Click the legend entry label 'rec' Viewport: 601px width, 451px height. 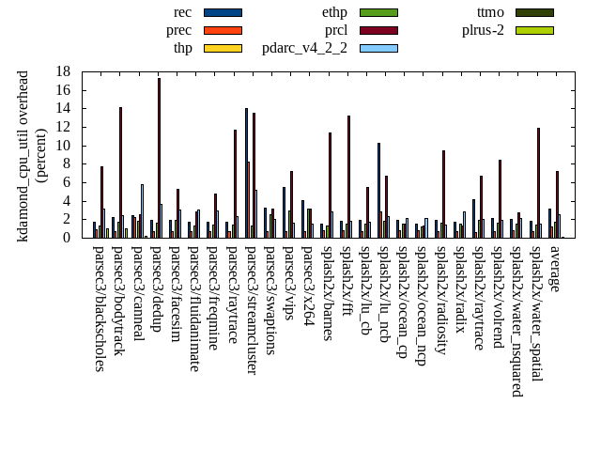pyautogui.click(x=183, y=12)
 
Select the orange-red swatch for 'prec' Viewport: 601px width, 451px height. pyautogui.click(x=223, y=30)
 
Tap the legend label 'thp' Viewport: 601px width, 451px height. pyautogui.click(x=182, y=48)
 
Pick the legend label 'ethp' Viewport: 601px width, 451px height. pyautogui.click(x=334, y=12)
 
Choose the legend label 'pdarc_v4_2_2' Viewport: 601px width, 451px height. pyautogui.click(x=304, y=48)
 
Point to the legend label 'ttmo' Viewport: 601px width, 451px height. pyautogui.click(x=490, y=12)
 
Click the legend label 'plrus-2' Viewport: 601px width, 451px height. pyautogui.click(x=483, y=30)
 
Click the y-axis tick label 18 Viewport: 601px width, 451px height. pyautogui.click(x=63, y=71)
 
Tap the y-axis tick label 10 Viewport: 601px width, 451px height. pyautogui.click(x=63, y=146)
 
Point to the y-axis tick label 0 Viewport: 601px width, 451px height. pyautogui.click(x=67, y=238)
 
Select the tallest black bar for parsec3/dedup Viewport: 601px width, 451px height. pyautogui.click(x=159, y=158)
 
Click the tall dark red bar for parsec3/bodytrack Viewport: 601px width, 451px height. pyautogui.click(x=120, y=173)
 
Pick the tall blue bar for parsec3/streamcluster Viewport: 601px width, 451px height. pyautogui.click(x=246, y=173)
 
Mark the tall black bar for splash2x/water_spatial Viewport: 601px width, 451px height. pyautogui.click(x=538, y=182)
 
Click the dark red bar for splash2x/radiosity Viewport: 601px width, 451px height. pyautogui.click(x=443, y=194)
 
